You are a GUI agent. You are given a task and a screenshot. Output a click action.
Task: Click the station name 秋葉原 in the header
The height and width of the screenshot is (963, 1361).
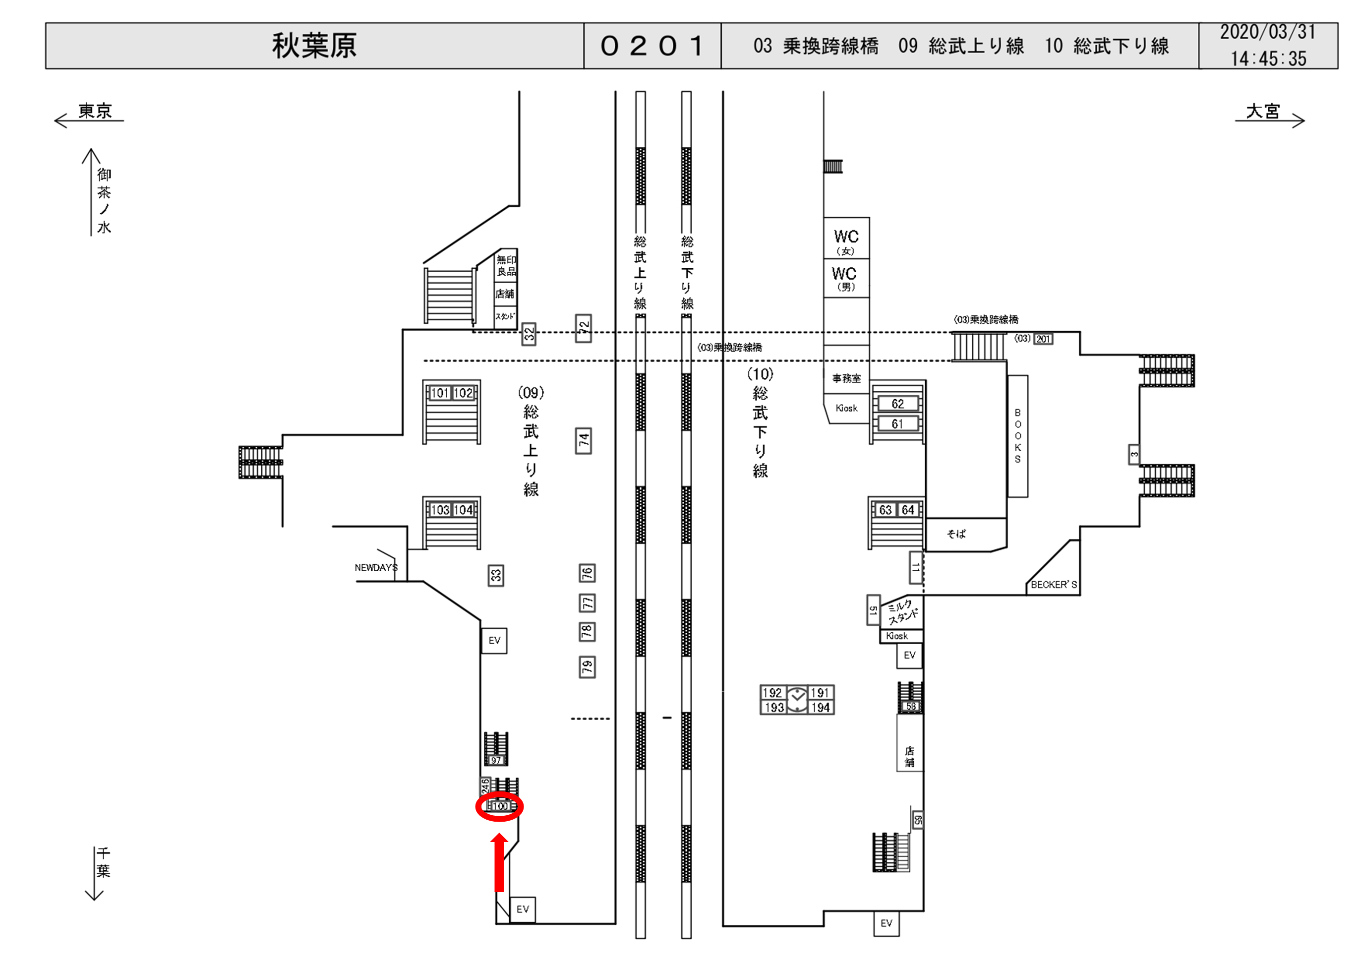click(x=314, y=46)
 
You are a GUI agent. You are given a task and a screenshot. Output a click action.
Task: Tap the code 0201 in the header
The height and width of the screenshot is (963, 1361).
click(x=652, y=46)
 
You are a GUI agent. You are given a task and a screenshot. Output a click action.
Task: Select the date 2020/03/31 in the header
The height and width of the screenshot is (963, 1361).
click(x=1267, y=33)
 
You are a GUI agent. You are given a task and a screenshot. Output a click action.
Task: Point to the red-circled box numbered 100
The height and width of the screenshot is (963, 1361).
click(x=500, y=806)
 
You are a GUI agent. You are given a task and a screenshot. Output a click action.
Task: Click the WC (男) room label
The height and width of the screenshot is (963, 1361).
click(x=845, y=278)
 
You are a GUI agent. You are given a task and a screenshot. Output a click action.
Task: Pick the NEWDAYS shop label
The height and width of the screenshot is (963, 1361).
click(x=376, y=567)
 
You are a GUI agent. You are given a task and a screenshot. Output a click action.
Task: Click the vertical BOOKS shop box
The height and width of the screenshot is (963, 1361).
click(x=1018, y=436)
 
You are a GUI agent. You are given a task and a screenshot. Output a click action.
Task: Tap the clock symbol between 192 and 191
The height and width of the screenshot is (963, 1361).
click(x=797, y=700)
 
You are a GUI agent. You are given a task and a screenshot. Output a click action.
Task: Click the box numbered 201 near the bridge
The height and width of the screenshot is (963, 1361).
click(x=1043, y=339)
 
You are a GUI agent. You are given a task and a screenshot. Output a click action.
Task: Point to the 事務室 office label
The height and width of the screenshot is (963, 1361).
click(x=846, y=378)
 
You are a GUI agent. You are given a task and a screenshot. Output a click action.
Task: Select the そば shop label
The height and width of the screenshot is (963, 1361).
click(x=956, y=534)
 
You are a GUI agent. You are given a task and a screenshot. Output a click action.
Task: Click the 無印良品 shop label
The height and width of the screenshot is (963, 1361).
click(x=506, y=266)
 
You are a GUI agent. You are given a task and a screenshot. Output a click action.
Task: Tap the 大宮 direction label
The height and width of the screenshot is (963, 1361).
click(x=1263, y=111)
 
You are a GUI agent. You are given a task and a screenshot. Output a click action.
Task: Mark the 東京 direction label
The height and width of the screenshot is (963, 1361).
click(x=95, y=111)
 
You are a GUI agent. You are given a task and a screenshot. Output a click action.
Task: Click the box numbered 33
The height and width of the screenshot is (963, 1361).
click(x=495, y=575)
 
